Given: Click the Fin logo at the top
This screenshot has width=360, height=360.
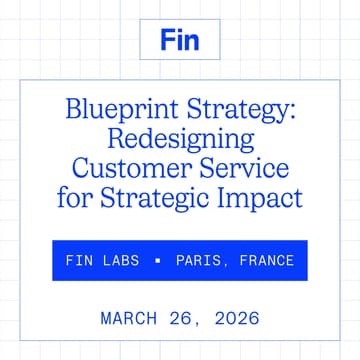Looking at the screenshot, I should tap(180, 41).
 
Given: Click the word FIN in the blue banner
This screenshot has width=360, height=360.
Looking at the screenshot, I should tap(79, 261).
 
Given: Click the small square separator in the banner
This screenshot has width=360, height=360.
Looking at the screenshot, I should tap(157, 261).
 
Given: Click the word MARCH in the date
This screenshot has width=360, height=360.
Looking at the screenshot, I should tap(128, 319).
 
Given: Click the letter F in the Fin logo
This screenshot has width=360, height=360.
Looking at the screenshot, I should tap(167, 41).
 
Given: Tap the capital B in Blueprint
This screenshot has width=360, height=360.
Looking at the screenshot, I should tap(71, 109).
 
